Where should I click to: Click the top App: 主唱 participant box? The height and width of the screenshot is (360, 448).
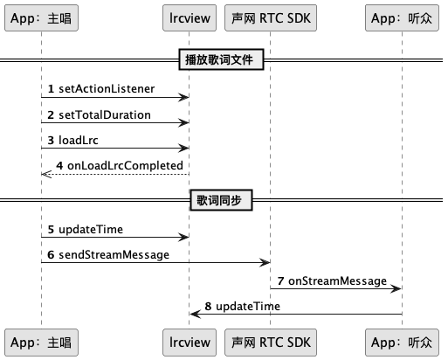pos(41,17)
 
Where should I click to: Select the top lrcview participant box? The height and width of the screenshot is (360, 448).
pos(190,17)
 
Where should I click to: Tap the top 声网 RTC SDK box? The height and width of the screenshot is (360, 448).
pos(271,17)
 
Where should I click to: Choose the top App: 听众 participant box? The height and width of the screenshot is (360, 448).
pos(402,17)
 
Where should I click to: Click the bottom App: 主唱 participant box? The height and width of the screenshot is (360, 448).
pos(41,343)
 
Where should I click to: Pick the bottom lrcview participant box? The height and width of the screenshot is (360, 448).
pos(190,343)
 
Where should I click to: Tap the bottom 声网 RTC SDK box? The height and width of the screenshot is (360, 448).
pos(271,343)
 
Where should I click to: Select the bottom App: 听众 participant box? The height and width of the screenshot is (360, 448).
pos(402,343)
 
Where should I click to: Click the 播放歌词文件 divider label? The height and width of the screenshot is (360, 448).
pos(221,59)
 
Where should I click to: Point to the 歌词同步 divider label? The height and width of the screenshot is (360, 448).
pos(221,200)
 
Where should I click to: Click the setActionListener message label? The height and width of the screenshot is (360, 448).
pos(107,89)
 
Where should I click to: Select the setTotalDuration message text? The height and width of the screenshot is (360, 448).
pos(105,114)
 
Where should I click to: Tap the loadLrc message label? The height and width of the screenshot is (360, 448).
pos(79,140)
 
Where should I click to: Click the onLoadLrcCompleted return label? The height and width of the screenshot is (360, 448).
pos(125,166)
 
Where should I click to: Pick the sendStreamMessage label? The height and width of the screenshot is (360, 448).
pos(114,255)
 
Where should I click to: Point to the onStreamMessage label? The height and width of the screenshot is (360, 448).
pos(337,281)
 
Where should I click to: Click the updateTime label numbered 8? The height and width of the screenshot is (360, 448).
pos(248,306)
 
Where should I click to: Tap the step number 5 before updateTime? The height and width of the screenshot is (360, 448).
pos(51,230)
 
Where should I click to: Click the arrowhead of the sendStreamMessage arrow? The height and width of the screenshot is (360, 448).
pos(265,262)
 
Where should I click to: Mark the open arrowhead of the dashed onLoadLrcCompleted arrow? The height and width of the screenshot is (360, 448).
pos(46,174)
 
